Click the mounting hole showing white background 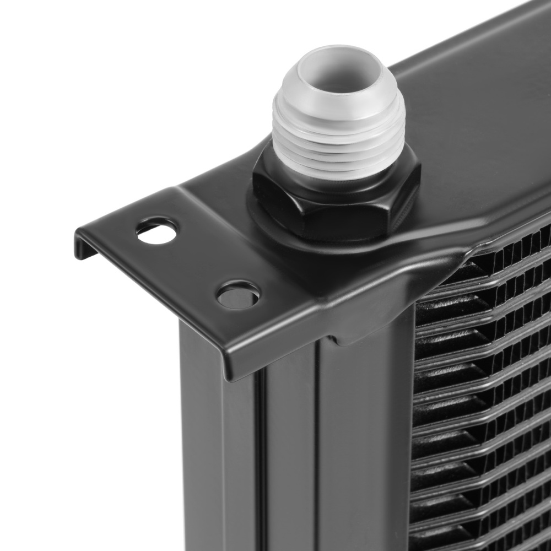point(157,231)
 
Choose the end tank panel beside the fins point(364,441)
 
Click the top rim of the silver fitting point(337,52)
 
